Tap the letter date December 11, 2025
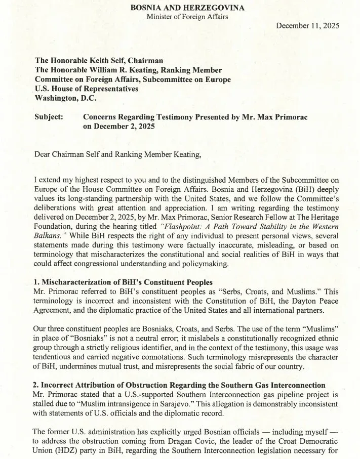307,25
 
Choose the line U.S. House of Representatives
86,89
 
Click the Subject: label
49,117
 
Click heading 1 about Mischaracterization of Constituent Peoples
124,282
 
